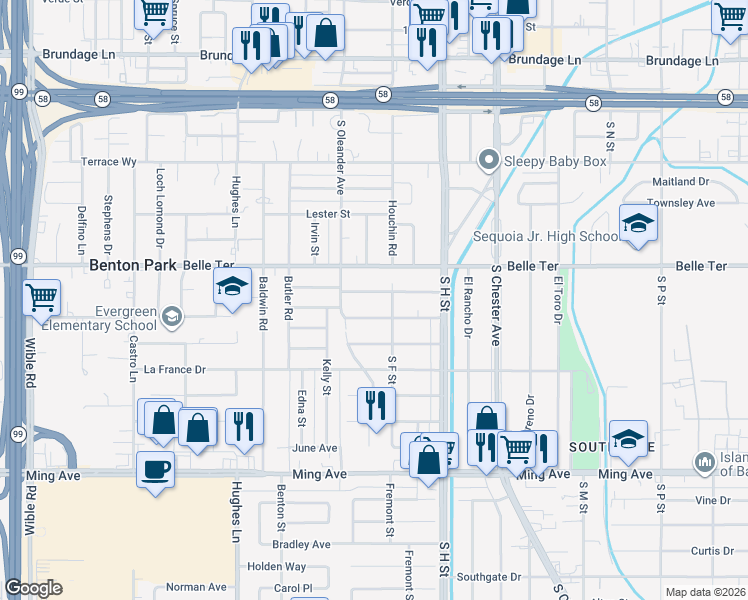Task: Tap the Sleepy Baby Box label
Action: [555, 160]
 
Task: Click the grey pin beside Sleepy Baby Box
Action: [488, 159]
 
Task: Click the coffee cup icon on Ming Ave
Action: [155, 469]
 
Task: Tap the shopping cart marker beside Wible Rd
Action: [41, 296]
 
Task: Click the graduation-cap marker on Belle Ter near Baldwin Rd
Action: [232, 287]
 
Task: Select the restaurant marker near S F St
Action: [376, 405]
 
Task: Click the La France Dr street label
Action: [174, 369]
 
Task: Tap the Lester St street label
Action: [328, 214]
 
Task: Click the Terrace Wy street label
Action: [108, 161]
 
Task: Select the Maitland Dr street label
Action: [680, 181]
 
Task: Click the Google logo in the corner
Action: [33, 588]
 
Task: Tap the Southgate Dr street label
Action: [489, 577]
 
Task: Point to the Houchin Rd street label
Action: [393, 235]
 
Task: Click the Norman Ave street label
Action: [196, 587]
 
